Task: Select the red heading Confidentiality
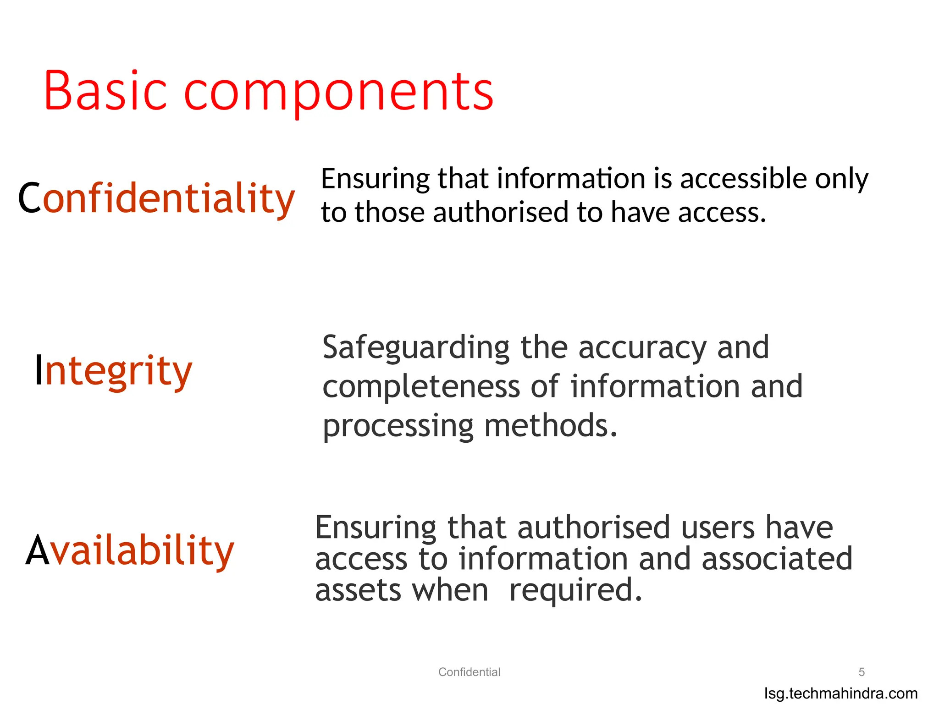pos(156,198)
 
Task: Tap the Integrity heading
pos(114,370)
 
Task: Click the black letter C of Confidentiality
pos(30,198)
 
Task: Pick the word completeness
pos(421,386)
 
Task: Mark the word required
pos(575,590)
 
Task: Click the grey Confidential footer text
pos(469,672)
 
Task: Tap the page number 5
pos(862,672)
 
